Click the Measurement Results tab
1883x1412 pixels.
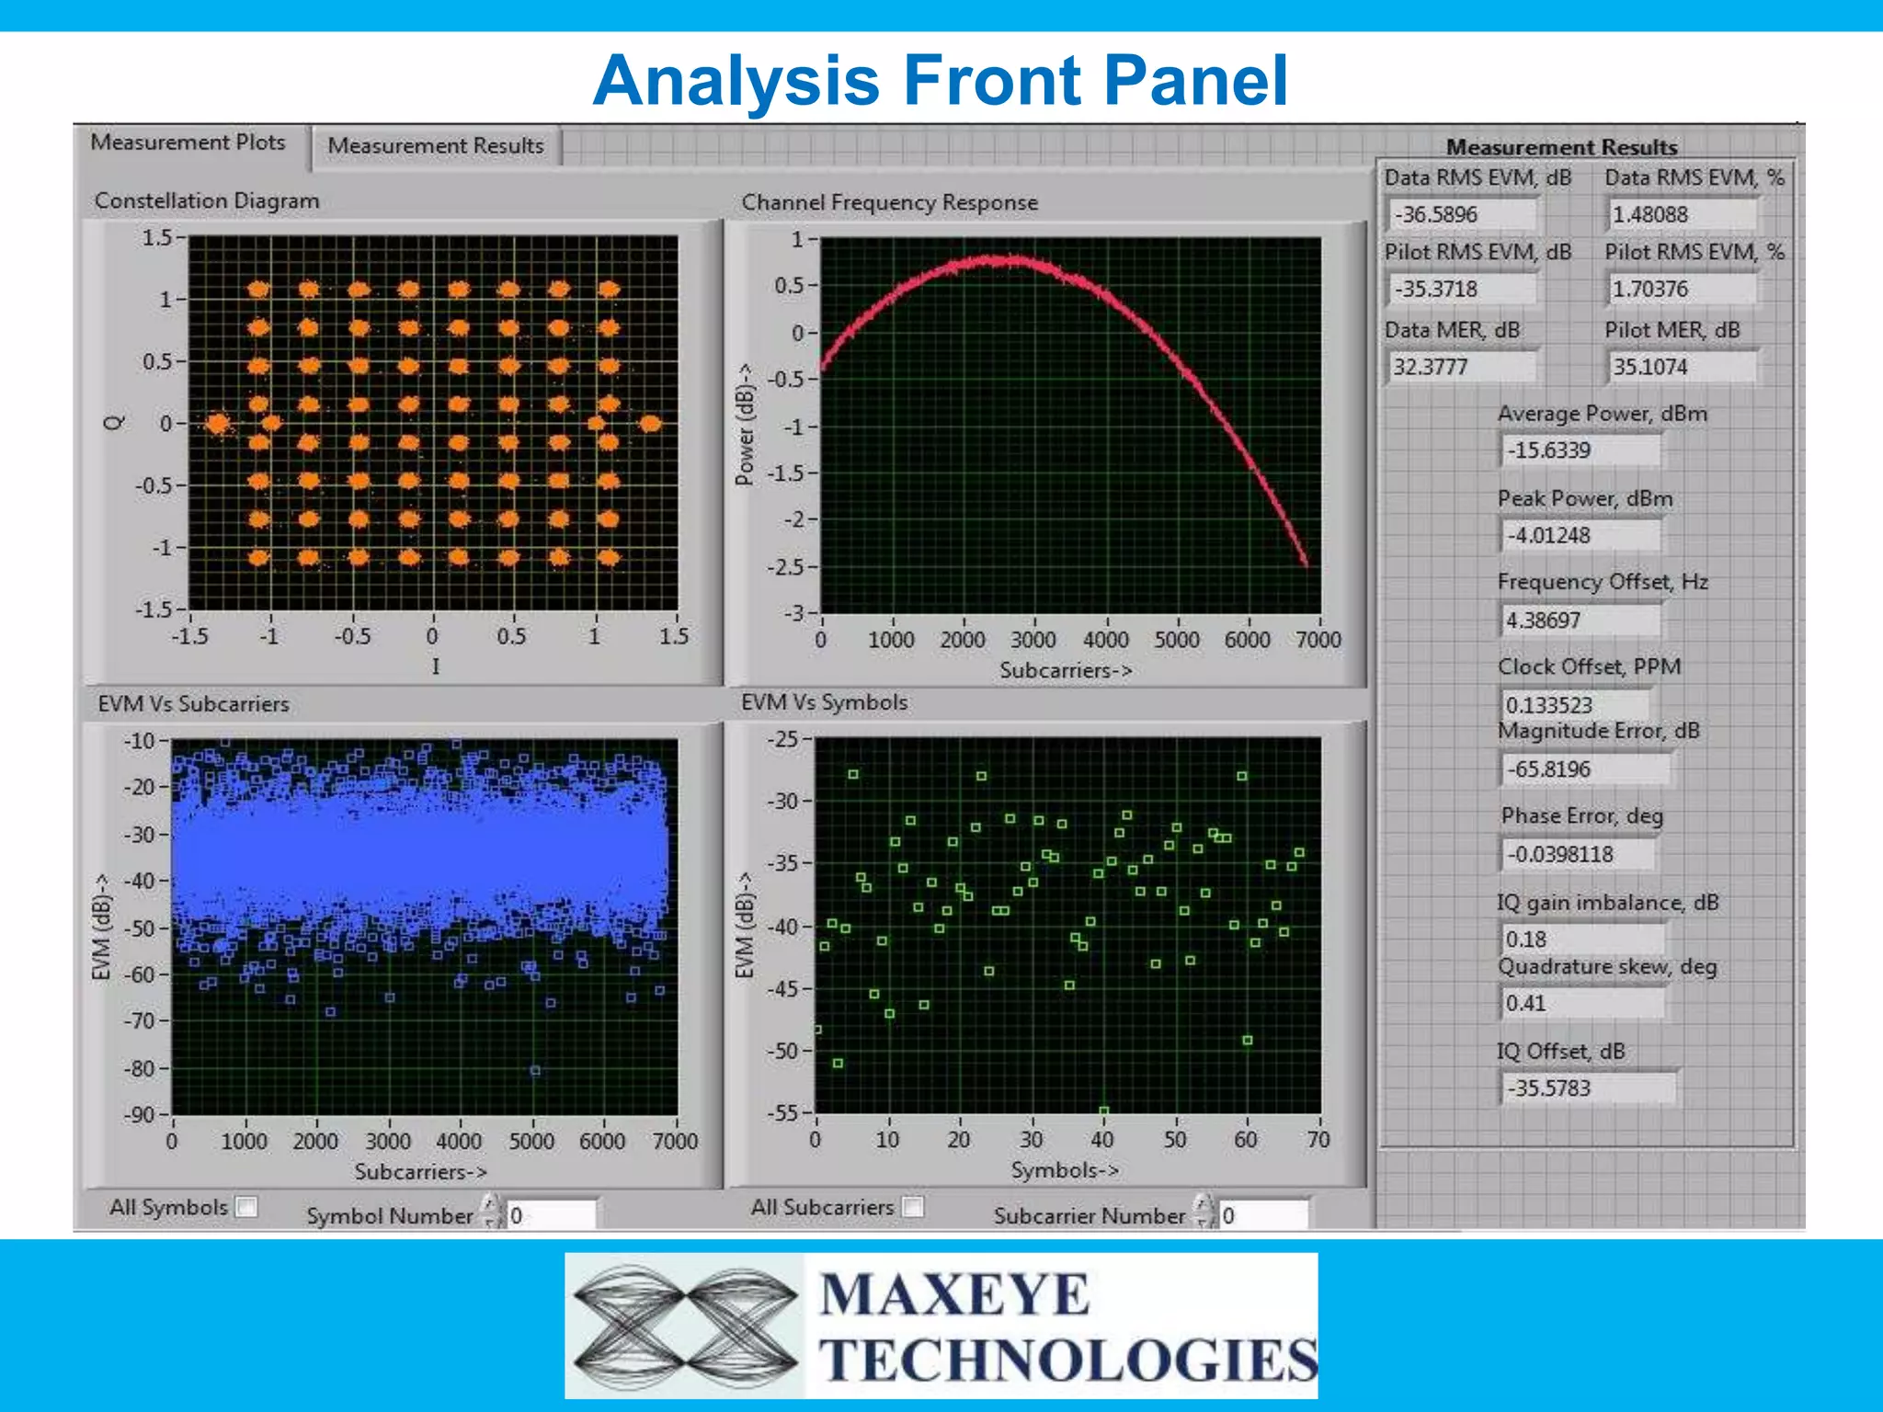click(x=436, y=146)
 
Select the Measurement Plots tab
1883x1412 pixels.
click(x=188, y=142)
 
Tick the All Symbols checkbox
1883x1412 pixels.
click(x=246, y=1206)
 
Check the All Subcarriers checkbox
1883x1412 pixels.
click(x=912, y=1206)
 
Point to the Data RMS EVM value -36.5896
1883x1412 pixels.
click(x=1459, y=214)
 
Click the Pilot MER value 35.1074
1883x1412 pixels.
click(x=1680, y=367)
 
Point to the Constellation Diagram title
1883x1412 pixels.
click(x=207, y=200)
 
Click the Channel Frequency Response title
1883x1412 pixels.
click(x=889, y=202)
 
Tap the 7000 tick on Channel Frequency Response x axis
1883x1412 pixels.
click(x=1318, y=639)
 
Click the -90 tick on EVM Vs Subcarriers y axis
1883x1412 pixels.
click(x=140, y=1115)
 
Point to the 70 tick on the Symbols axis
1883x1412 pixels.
click(x=1318, y=1140)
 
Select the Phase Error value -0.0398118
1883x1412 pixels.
click(x=1576, y=854)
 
